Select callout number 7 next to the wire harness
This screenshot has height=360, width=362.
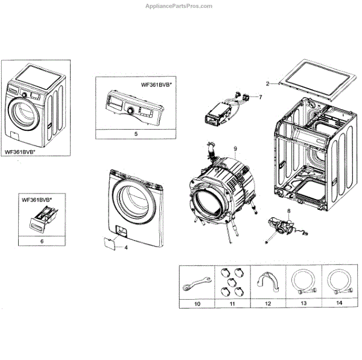click(261, 96)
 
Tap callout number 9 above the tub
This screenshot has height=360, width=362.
click(236, 148)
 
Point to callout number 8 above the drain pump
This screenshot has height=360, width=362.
click(288, 211)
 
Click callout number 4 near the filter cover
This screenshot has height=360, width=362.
click(126, 247)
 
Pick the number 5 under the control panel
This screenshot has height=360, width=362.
click(136, 133)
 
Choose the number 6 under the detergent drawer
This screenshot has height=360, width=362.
click(42, 241)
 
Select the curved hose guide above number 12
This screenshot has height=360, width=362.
click(265, 281)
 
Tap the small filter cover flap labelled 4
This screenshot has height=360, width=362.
click(109, 243)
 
